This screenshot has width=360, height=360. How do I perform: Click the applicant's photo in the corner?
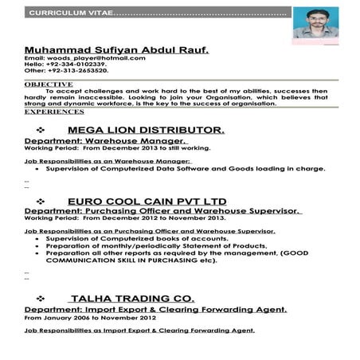click(x=315, y=22)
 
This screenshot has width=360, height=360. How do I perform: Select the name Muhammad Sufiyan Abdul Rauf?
click(x=117, y=49)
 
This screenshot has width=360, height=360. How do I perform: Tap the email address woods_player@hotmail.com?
click(x=96, y=58)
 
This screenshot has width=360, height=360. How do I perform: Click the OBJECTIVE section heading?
click(x=49, y=84)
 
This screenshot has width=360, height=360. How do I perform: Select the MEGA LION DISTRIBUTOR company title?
click(x=147, y=128)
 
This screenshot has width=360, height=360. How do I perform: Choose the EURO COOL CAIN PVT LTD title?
click(x=147, y=201)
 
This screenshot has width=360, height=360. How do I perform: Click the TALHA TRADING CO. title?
click(x=139, y=299)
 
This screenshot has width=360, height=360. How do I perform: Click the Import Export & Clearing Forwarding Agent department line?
click(x=156, y=310)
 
